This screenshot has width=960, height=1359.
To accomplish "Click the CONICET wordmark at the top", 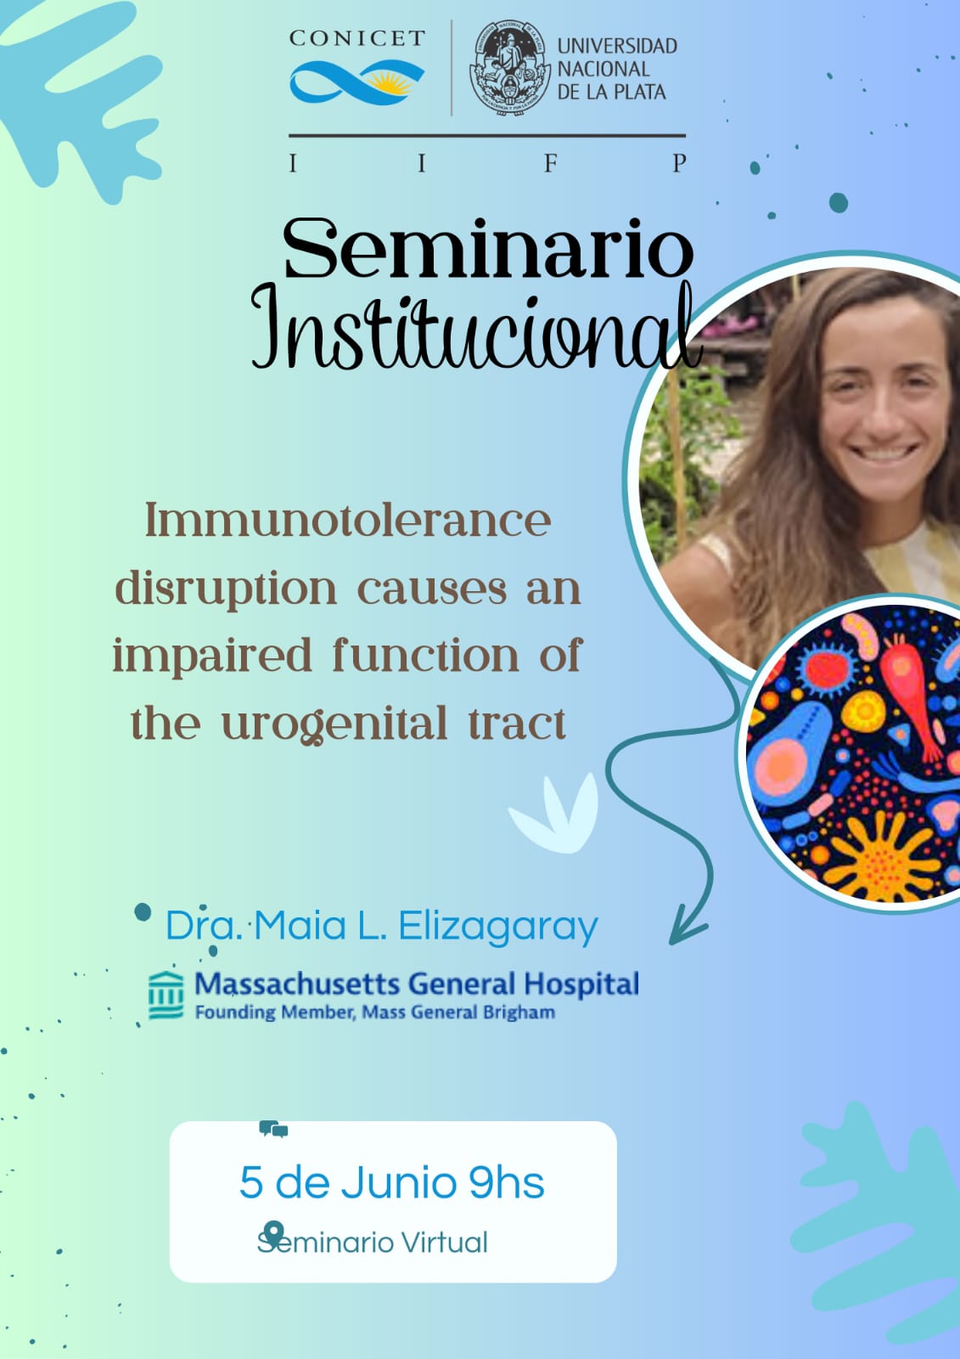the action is [357, 38].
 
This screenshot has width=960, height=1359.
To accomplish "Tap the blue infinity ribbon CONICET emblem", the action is [357, 80].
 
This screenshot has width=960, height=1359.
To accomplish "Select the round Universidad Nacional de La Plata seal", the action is [509, 67].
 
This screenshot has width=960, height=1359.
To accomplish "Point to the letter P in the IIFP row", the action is [679, 162].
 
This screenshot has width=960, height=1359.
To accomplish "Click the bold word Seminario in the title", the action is [488, 249].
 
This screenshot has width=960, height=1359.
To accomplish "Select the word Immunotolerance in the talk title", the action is [348, 521].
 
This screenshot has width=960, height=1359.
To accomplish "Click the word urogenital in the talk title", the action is [334, 724].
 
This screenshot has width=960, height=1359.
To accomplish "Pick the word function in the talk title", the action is [426, 657].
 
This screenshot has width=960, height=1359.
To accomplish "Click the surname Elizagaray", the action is [498, 927].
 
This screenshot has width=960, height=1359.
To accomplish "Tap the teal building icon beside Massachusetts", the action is [166, 995].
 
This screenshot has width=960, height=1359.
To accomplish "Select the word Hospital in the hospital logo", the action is [581, 984].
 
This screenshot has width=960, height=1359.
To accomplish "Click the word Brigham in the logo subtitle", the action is [520, 1012].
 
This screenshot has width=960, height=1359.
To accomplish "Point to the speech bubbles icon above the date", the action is [273, 1129].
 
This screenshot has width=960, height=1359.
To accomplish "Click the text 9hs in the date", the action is [507, 1182].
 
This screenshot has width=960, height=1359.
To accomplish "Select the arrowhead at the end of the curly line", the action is [687, 925].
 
